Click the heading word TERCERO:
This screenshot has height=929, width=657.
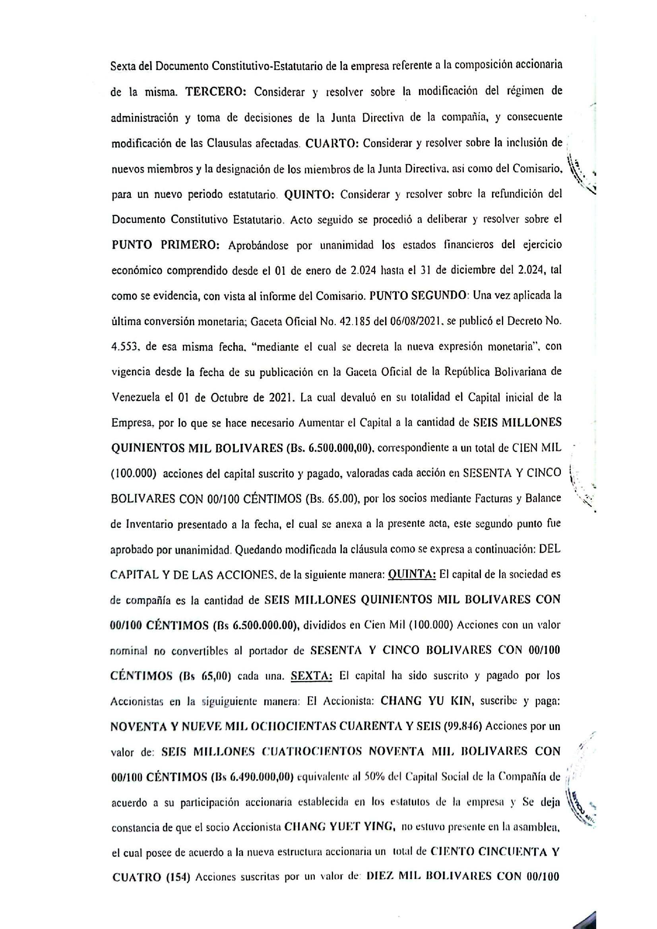215,92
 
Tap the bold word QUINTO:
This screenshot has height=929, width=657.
309,195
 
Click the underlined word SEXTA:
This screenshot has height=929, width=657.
312,676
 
